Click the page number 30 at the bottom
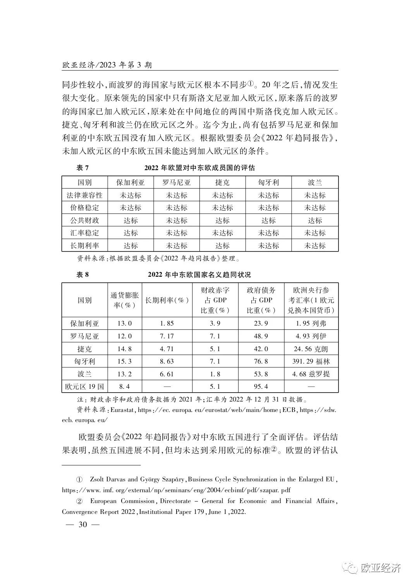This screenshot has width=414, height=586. coord(83,525)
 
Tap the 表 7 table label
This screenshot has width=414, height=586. coord(82,168)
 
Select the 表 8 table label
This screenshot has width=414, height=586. coord(82,275)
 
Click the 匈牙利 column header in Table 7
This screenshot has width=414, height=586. coord(268,183)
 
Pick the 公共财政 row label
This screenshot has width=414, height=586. coord(84,221)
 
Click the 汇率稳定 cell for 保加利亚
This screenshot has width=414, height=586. coord(131,233)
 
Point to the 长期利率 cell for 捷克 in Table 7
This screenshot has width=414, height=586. coord(222,246)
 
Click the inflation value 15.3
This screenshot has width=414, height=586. coord(124,361)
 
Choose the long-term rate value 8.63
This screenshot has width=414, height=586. coord(167,361)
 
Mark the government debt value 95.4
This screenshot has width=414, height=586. coord(261,386)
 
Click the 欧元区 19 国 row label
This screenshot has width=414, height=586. coord(84,386)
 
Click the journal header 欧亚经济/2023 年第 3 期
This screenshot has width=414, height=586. coord(107,65)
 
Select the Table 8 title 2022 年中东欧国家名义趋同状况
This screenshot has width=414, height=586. coord(199,275)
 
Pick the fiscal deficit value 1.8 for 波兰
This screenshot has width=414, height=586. coord(215,374)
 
